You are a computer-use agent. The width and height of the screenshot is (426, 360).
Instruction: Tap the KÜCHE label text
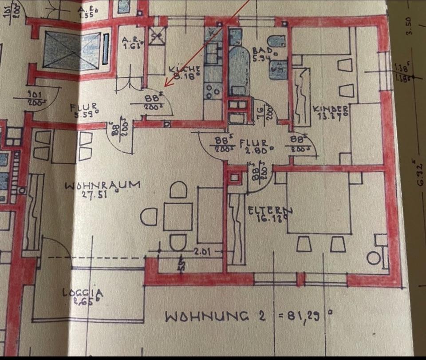point(185,70)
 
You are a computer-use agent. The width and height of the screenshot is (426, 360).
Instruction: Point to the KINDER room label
point(331,109)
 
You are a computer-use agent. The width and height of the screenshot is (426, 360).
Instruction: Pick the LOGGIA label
point(83,293)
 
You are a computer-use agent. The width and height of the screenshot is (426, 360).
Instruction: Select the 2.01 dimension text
point(202,252)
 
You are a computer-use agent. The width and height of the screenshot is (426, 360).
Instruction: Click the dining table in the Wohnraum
point(177,217)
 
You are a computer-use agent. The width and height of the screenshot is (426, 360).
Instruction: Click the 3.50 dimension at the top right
point(409,25)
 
